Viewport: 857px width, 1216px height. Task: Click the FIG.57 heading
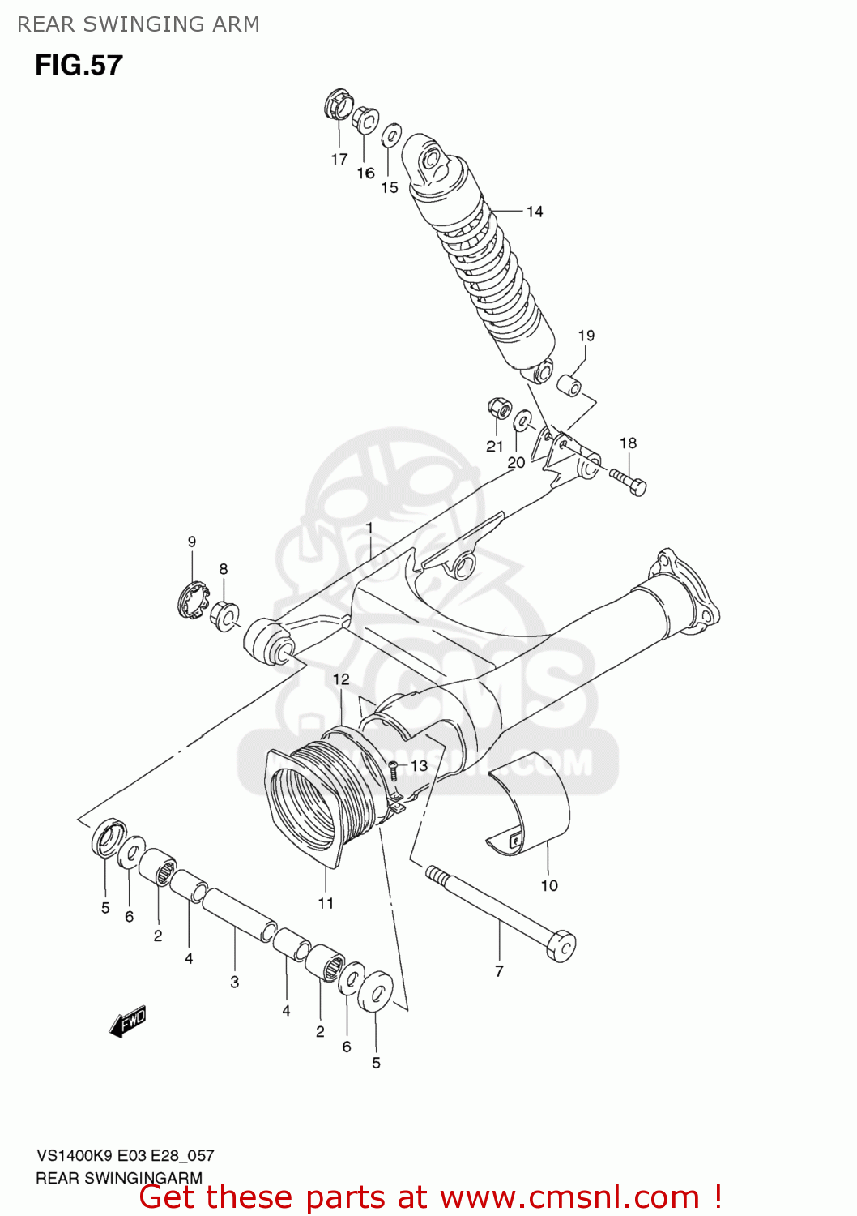(x=79, y=66)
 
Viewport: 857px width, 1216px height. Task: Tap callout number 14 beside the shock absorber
(x=535, y=212)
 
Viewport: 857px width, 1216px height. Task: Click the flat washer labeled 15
(x=392, y=135)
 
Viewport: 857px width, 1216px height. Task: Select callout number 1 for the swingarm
(x=369, y=529)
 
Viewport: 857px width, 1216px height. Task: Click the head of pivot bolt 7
(x=561, y=946)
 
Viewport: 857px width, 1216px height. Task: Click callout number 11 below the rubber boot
(x=326, y=903)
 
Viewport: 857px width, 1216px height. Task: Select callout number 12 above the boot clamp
(x=341, y=679)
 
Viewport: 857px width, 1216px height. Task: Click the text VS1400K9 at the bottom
(x=75, y=1156)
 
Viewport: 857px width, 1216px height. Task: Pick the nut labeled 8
(x=224, y=614)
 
